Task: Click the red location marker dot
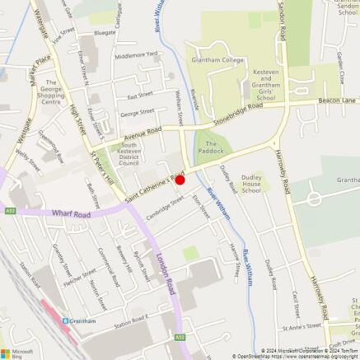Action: pyautogui.click(x=180, y=179)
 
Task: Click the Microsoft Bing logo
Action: pyautogui.click(x=17, y=346)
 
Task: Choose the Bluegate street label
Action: pyautogui.click(x=105, y=32)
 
